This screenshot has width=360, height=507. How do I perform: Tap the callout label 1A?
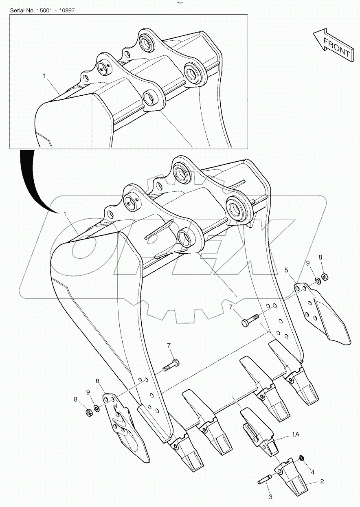296,435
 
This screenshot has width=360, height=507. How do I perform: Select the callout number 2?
322,481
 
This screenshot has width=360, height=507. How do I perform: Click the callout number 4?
313,472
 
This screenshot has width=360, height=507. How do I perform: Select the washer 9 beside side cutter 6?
96,408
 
